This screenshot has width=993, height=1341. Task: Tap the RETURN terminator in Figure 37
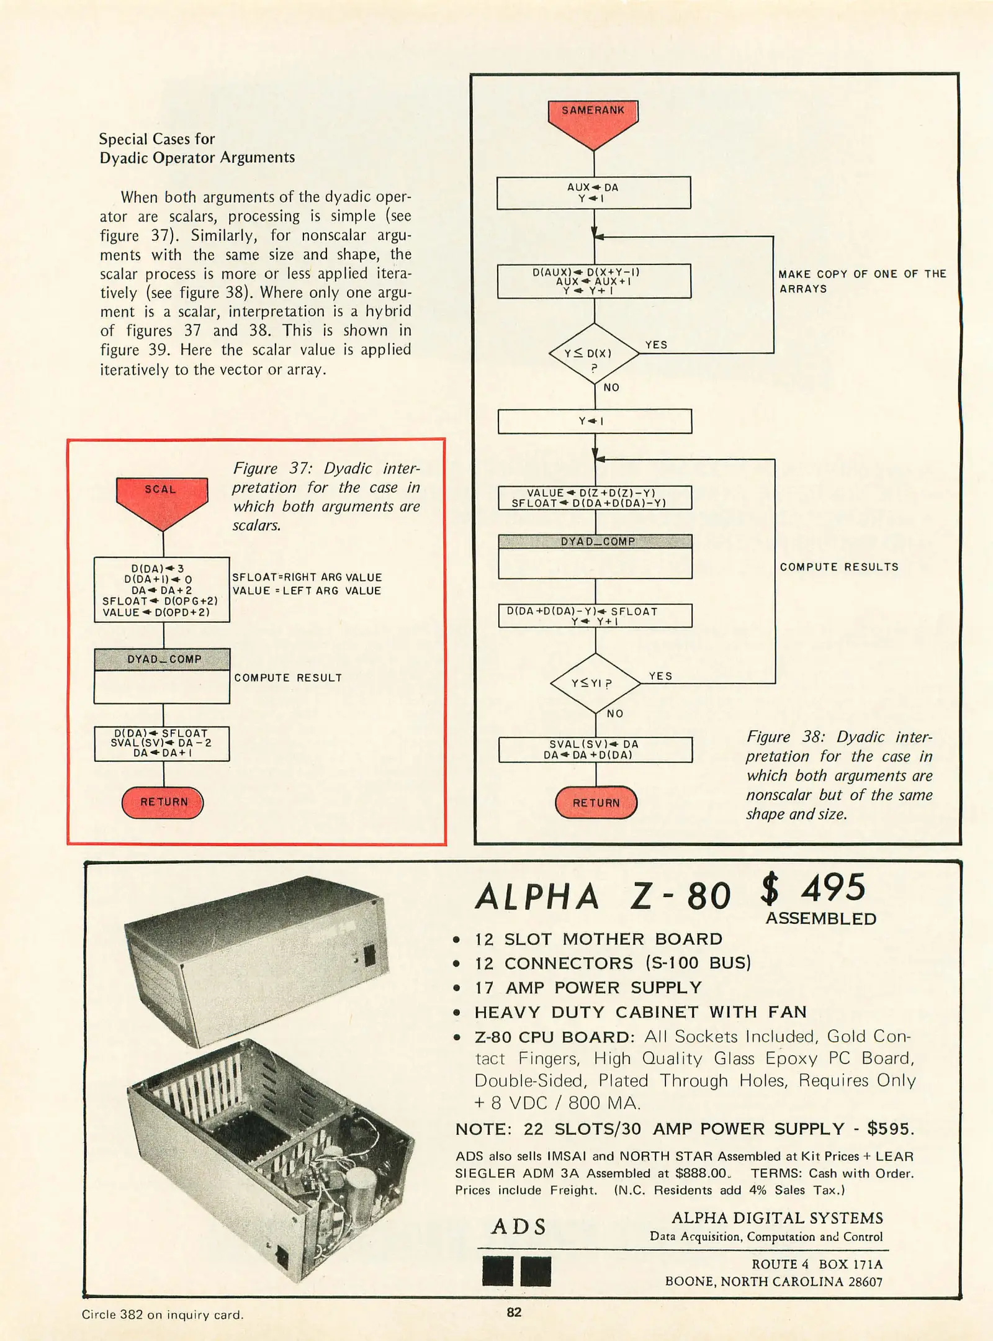tap(163, 802)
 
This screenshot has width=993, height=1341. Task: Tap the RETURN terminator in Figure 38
tap(596, 803)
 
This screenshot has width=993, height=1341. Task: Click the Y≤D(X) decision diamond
tap(594, 354)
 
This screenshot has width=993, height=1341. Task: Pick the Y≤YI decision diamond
tap(595, 684)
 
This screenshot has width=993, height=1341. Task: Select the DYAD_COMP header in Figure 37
tap(162, 659)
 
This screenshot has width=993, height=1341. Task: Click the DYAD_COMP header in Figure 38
tap(595, 541)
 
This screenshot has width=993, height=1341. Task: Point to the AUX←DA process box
tap(593, 192)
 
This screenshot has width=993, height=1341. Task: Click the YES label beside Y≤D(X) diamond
tap(656, 345)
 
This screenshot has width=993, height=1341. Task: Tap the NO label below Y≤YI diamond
tap(615, 713)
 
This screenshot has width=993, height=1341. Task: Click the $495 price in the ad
tap(812, 888)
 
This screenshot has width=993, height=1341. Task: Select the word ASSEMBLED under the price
tap(820, 919)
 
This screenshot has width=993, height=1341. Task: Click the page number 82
tap(514, 1312)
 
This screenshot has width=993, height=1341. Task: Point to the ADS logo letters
tap(519, 1227)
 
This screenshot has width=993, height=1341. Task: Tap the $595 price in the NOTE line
tap(890, 1129)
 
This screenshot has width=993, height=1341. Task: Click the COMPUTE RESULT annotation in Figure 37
tap(288, 677)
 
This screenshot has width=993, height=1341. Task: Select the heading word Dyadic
tap(124, 158)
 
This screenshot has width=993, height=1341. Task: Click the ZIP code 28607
tap(865, 1281)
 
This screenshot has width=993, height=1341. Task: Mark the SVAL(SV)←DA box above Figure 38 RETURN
tap(595, 749)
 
